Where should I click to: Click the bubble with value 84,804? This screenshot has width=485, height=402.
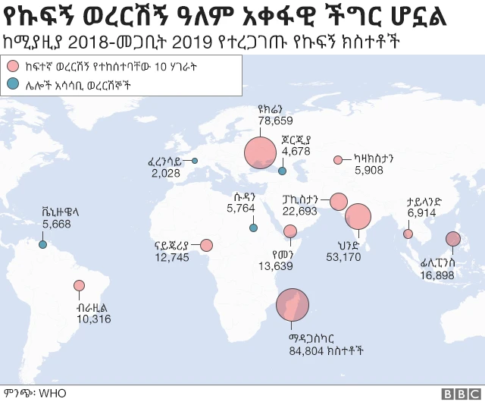click(x=291, y=306)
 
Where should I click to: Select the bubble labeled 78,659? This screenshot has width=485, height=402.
click(x=260, y=152)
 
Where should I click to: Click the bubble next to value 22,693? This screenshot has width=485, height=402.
click(x=338, y=202)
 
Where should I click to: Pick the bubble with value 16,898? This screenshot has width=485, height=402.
click(x=453, y=240)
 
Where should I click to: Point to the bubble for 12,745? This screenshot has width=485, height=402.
click(x=205, y=245)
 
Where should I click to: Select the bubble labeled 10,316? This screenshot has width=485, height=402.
click(x=79, y=286)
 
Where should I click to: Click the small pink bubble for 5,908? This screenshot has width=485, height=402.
click(x=338, y=160)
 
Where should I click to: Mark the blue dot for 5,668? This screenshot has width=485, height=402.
click(x=43, y=244)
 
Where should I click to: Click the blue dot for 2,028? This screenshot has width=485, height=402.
click(x=195, y=160)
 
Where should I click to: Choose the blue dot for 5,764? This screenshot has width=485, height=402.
click(x=252, y=228)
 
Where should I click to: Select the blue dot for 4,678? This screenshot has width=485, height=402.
click(x=282, y=171)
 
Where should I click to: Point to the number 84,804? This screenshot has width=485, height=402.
click(x=306, y=350)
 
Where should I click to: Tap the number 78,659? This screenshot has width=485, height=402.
click(x=275, y=120)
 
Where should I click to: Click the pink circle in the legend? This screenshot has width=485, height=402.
click(x=14, y=66)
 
